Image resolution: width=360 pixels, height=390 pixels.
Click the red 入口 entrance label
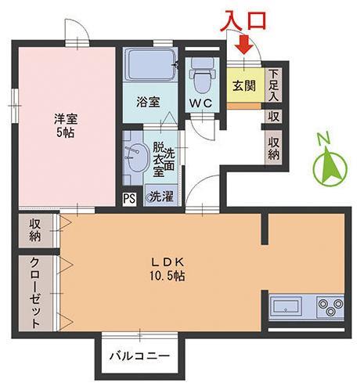point(243,19)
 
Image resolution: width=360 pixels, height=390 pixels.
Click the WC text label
point(200,103)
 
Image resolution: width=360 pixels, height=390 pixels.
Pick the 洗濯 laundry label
point(161,196)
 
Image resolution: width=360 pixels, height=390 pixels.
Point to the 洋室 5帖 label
point(64,125)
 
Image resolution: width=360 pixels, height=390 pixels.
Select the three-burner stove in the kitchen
point(328,306)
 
